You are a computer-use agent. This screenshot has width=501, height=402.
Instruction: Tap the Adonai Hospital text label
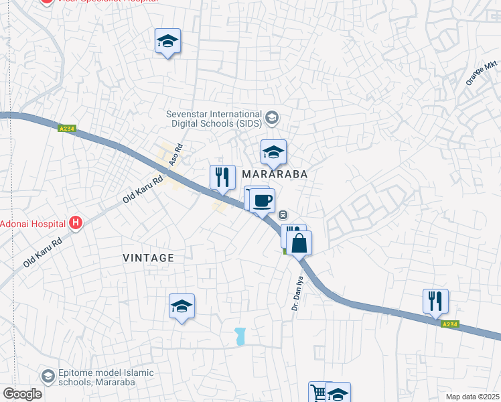[33, 223]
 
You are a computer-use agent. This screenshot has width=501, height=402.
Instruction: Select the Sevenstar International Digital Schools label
[214, 119]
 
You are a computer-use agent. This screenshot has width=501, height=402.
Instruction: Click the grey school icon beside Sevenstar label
[271, 119]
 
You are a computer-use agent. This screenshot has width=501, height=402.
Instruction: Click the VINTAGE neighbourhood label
[149, 258]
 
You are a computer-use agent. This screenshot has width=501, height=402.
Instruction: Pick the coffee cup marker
[262, 200]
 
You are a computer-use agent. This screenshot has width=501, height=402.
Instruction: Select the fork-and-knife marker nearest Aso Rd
[222, 178]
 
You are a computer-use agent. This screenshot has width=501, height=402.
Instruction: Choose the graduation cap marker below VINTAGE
[182, 307]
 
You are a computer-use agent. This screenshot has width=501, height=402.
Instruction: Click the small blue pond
[240, 336]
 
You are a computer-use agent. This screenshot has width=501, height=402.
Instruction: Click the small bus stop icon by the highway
[283, 215]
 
